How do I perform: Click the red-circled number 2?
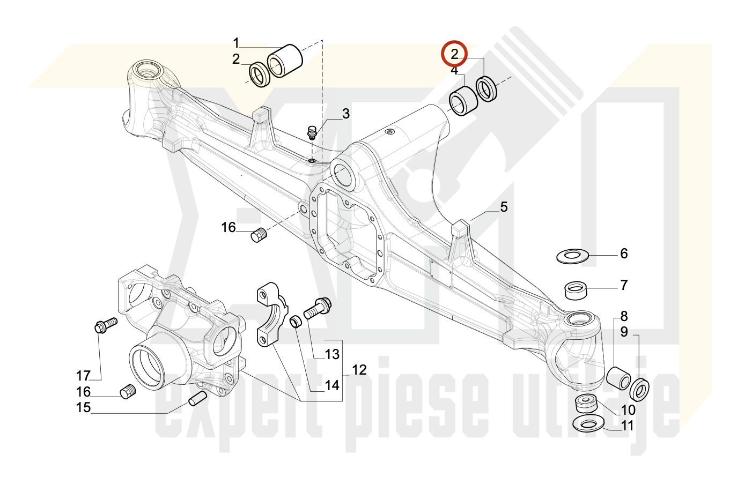[454, 54]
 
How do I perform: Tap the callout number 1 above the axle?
[236, 43]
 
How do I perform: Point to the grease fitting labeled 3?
[311, 131]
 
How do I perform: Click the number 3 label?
[346, 114]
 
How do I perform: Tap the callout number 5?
[504, 207]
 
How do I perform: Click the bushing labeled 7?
[577, 291]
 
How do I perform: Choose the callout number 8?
[624, 316]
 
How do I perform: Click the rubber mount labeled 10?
[587, 403]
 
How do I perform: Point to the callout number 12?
[359, 370]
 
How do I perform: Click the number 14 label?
[332, 385]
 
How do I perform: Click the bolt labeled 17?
[105, 325]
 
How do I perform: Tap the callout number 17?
[83, 376]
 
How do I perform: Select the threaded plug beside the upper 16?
[259, 235]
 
